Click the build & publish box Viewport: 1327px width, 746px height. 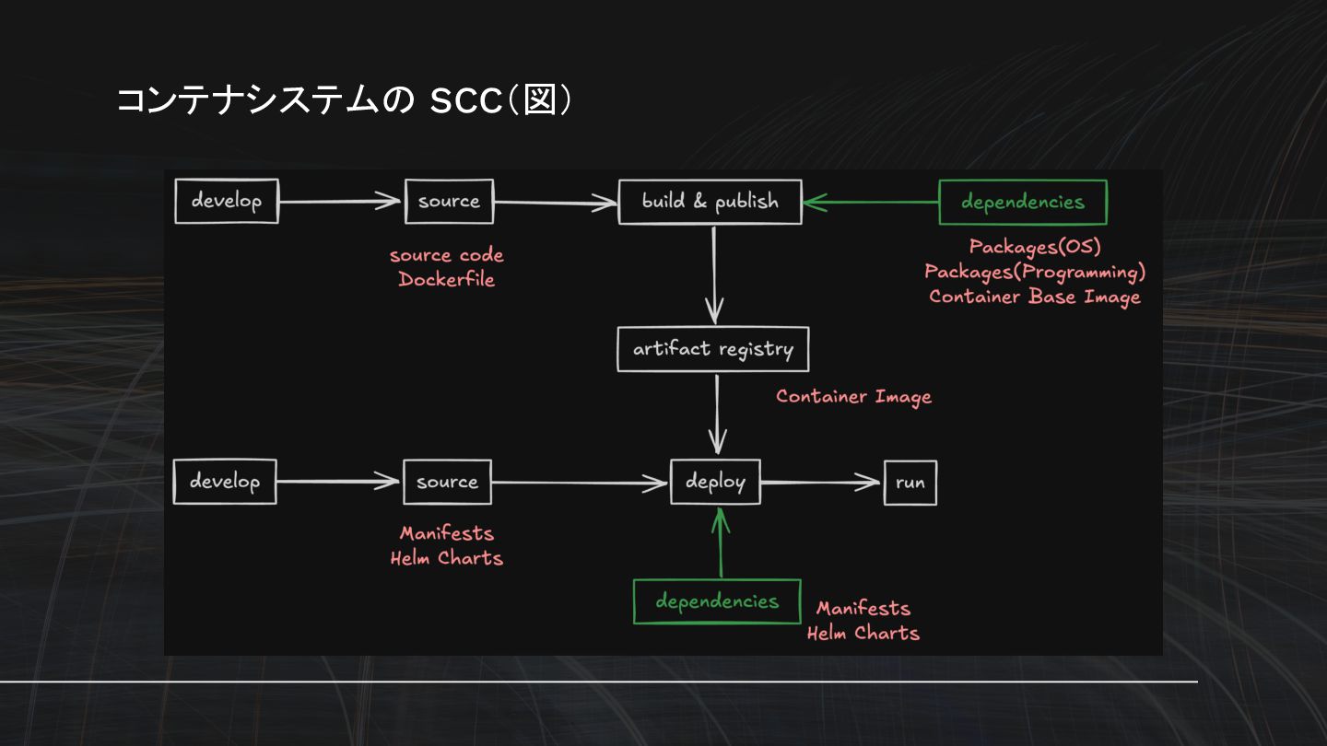(710, 202)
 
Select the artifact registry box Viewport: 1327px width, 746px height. (712, 350)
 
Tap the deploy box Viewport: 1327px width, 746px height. (715, 482)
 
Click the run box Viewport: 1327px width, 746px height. (910, 483)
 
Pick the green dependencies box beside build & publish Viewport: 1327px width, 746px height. (1022, 203)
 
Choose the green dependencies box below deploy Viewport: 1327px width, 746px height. (717, 601)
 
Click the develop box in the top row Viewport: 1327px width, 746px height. (227, 201)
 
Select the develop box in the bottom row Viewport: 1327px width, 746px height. (225, 482)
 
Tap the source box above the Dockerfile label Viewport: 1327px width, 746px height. (449, 202)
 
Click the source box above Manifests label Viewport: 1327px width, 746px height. (447, 483)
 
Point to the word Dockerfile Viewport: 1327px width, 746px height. (446, 280)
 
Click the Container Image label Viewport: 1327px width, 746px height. (853, 397)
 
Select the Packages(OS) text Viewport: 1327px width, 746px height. (1035, 247)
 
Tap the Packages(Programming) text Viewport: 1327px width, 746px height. (1035, 272)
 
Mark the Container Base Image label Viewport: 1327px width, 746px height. (1035, 297)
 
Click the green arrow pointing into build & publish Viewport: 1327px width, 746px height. (870, 203)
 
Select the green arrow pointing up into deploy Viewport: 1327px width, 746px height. (722, 543)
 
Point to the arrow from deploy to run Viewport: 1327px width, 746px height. (820, 482)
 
